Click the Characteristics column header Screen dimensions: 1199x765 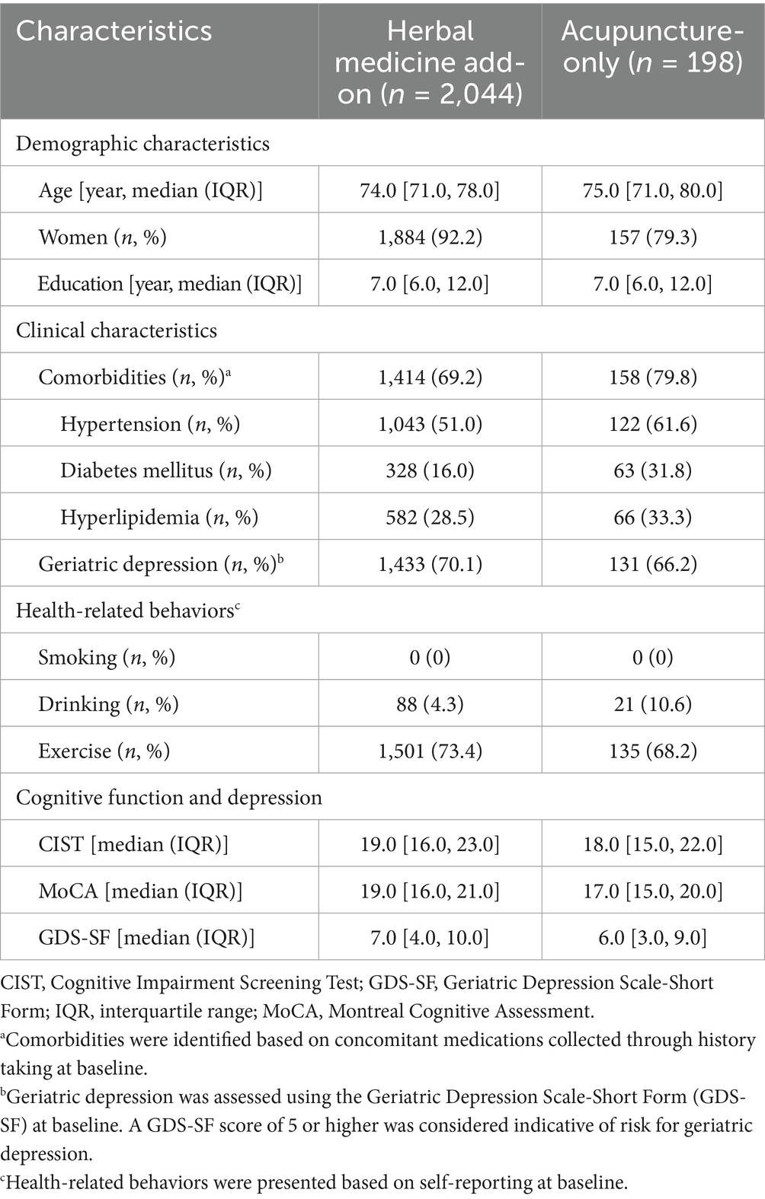[114, 30]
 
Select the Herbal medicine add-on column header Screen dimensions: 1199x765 [430, 62]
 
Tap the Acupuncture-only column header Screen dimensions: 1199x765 [652, 46]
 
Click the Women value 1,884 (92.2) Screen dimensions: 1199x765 [430, 237]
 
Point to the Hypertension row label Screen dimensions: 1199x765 [150, 424]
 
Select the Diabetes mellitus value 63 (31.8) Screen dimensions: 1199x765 [652, 470]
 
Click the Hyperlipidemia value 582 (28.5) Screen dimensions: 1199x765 [430, 518]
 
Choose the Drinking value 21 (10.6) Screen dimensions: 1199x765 [652, 704]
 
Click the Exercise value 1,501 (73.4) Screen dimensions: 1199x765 [430, 751]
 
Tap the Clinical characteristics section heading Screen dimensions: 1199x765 [117, 330]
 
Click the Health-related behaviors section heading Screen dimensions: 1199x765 [125, 611]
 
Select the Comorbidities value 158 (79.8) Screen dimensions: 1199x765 [652, 377]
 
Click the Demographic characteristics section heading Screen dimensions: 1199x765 [142, 144]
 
